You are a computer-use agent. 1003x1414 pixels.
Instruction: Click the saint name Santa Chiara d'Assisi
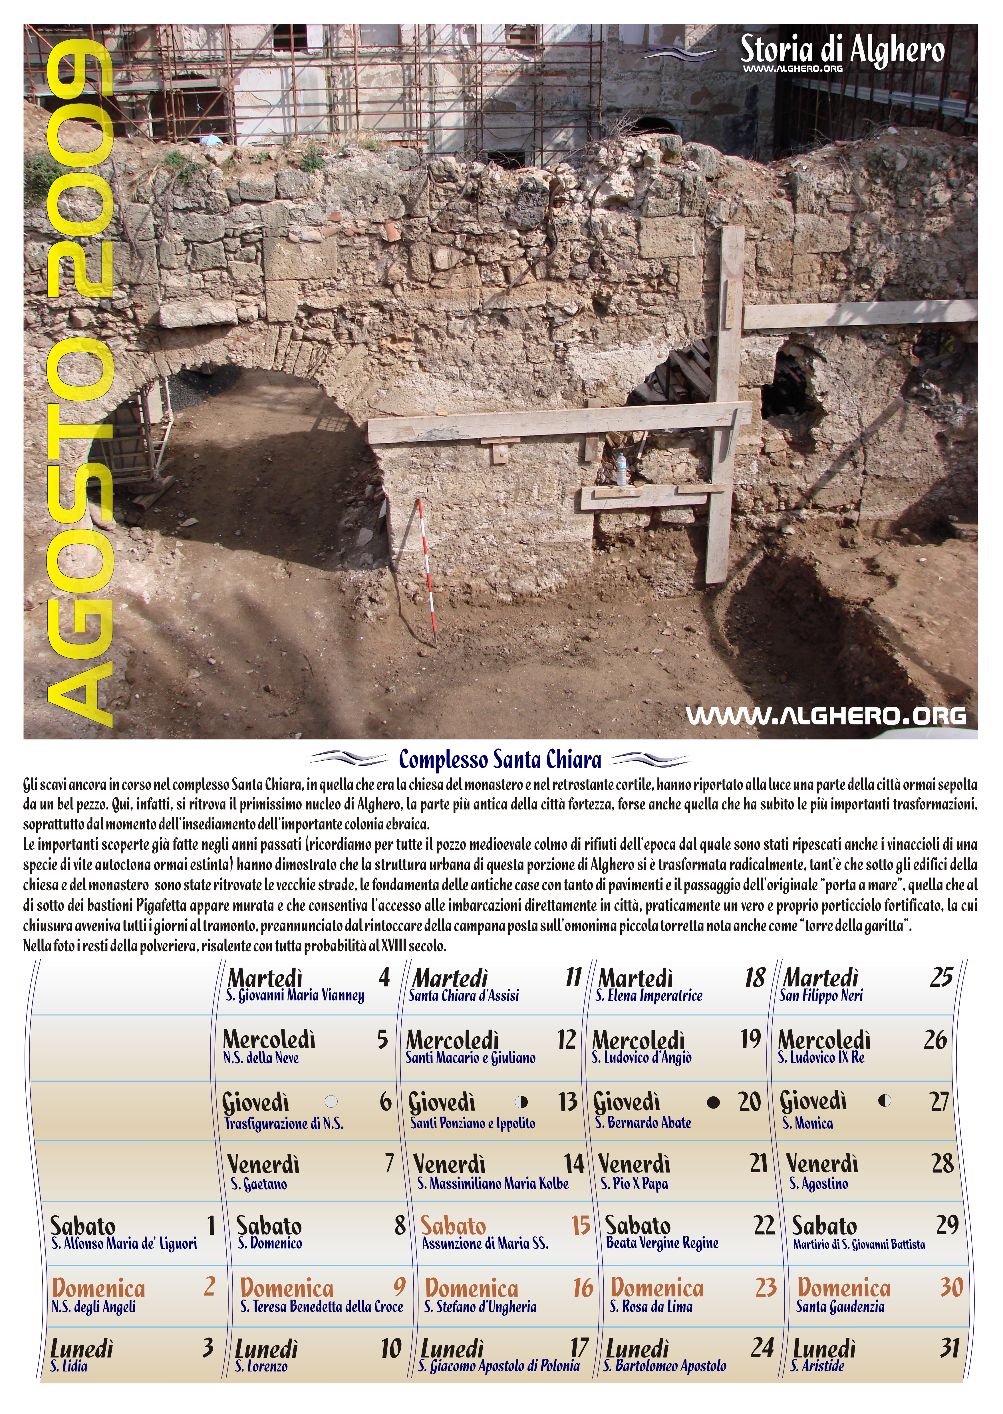[x=464, y=995]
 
